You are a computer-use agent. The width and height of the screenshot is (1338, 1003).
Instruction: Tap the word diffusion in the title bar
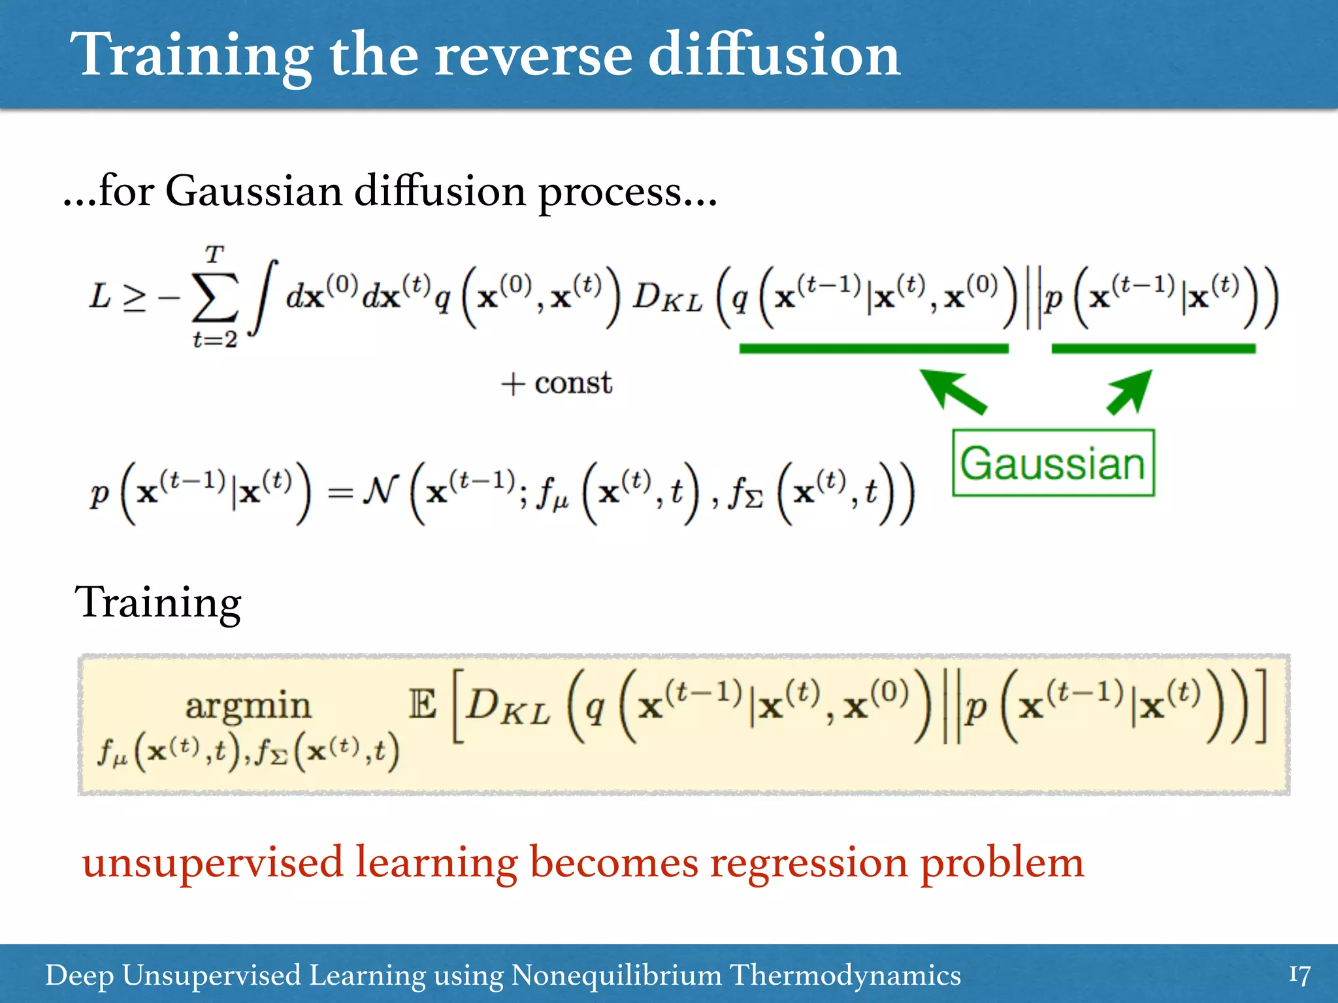click(x=774, y=55)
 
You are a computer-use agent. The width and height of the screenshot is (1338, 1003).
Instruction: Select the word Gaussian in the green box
click(x=1052, y=464)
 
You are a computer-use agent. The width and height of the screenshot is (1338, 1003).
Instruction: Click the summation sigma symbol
click(x=214, y=298)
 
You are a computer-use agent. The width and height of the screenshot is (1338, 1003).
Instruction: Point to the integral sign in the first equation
click(x=264, y=297)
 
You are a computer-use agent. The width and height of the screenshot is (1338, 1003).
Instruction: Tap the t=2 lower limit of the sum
click(x=214, y=340)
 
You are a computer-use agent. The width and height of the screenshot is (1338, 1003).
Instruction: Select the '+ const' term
click(x=557, y=383)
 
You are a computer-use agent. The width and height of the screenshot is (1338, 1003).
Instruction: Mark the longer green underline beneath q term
click(x=873, y=349)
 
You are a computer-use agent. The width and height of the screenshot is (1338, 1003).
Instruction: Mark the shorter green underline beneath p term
click(x=1153, y=349)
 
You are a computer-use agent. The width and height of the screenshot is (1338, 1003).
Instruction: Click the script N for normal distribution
click(x=381, y=490)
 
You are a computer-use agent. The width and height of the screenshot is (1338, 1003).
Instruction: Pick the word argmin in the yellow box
click(x=248, y=707)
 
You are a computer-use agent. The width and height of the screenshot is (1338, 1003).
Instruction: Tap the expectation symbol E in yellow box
click(x=423, y=705)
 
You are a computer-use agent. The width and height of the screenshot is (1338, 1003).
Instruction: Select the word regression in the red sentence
click(x=808, y=863)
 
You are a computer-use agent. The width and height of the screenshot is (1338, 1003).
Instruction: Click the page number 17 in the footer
click(x=1299, y=976)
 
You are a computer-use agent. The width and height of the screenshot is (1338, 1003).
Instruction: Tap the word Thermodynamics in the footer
click(x=845, y=976)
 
